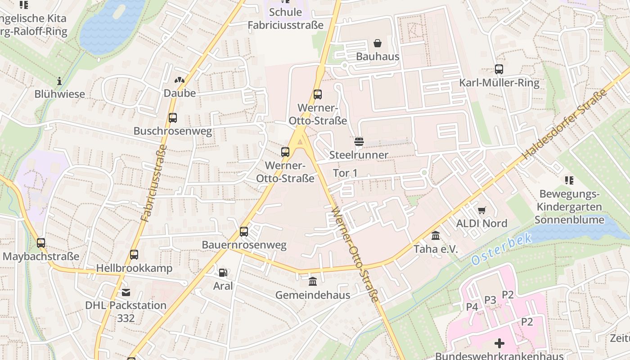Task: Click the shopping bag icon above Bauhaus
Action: tap(378, 43)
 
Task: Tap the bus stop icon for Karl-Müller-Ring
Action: tap(499, 69)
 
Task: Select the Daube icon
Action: tap(180, 80)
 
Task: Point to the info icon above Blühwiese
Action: tap(59, 81)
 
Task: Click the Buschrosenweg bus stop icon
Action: tap(172, 118)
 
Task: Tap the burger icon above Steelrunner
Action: tap(359, 142)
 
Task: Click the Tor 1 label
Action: tap(345, 173)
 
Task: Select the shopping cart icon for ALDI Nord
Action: tap(481, 210)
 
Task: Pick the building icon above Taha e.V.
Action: tap(436, 235)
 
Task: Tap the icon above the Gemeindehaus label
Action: tap(312, 282)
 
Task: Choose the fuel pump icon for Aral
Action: tap(223, 272)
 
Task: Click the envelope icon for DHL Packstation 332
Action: tap(126, 292)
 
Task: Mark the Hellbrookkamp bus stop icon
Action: tap(134, 255)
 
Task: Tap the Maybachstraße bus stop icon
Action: tap(41, 243)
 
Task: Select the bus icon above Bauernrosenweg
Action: tap(243, 232)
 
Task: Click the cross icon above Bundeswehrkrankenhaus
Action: tap(499, 344)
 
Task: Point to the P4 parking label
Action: tap(472, 307)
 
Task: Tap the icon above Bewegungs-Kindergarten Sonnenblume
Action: tap(569, 180)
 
